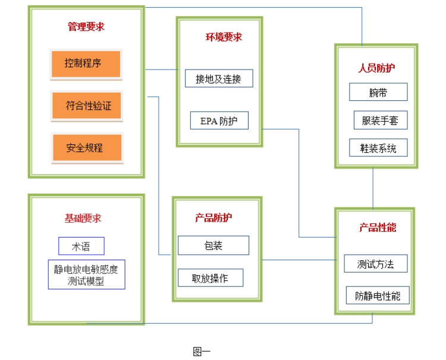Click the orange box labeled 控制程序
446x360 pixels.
point(86,64)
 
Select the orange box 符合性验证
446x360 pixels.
point(86,106)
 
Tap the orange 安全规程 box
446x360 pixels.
point(87,148)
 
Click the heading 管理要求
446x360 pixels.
point(86,27)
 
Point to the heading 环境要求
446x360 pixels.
point(224,37)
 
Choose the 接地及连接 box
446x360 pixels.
point(219,78)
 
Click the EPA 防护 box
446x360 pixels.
point(219,121)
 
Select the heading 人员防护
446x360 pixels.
point(376,68)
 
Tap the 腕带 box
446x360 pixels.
point(378,92)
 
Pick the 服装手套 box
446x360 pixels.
point(381,120)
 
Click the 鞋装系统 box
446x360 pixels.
point(378,148)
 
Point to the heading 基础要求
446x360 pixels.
point(83,218)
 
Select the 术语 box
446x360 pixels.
point(81,246)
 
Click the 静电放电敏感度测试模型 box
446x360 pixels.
point(86,274)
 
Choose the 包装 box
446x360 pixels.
point(213,245)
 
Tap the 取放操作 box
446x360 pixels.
point(211,278)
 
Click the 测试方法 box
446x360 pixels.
point(376,264)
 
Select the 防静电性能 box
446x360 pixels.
point(378,295)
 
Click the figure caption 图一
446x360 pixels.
point(202,352)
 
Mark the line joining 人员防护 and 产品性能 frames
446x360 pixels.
point(373,188)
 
